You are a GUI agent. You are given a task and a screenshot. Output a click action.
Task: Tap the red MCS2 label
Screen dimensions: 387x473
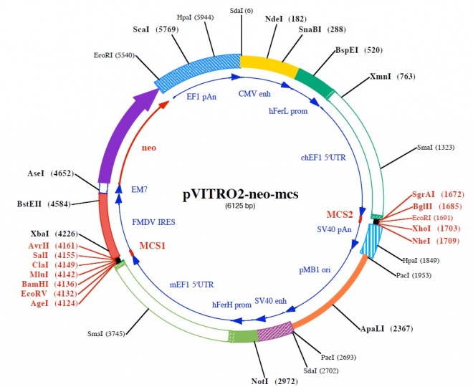click(340, 214)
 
